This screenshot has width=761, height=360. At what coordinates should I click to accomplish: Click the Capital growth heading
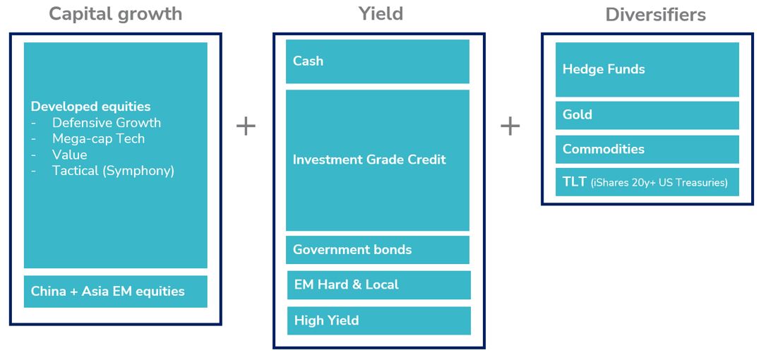116,14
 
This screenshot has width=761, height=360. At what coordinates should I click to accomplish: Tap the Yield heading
380,14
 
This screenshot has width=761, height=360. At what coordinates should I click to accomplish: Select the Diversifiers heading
655,15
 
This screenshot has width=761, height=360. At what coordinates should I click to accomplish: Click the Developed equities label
91,107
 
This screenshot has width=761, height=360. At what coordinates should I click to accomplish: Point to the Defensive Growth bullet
107,123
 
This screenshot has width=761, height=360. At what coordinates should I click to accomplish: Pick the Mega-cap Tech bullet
99,139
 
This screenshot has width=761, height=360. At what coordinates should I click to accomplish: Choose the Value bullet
70,155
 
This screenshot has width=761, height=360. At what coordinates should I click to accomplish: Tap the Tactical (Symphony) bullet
113,172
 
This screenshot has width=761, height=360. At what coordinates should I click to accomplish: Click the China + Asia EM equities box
116,292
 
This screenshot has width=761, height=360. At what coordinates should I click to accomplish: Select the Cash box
378,61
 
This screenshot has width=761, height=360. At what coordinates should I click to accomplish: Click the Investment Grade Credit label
369,160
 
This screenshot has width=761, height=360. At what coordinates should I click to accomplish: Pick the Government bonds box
378,250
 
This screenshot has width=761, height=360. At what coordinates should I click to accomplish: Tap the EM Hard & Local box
379,284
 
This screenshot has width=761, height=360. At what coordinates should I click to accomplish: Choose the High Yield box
379,320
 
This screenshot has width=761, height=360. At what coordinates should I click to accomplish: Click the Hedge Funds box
647,69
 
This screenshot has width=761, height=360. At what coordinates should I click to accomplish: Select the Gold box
647,115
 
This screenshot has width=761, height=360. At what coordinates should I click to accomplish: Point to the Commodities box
647,150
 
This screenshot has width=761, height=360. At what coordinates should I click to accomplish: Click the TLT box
647,182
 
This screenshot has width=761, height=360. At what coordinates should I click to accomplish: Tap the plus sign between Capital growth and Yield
246,126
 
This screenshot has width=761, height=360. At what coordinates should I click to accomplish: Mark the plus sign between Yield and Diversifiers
510,126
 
